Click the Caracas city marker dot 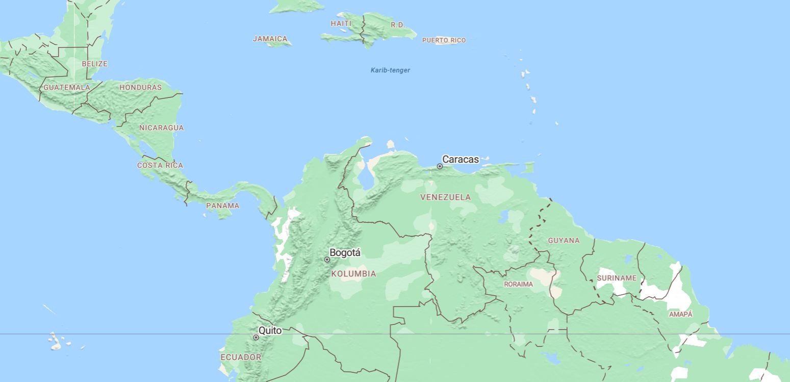440,166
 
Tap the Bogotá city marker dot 327,260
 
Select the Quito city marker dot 256,337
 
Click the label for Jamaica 270,39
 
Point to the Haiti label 341,23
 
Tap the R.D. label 397,25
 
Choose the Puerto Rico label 444,40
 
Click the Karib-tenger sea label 390,70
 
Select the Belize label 95,64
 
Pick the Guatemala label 67,87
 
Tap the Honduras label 140,87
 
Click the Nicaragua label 161,128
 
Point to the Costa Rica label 160,165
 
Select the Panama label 222,206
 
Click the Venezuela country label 446,197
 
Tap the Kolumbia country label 353,274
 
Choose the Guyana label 564,240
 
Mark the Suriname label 617,278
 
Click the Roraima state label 518,284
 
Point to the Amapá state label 681,314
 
